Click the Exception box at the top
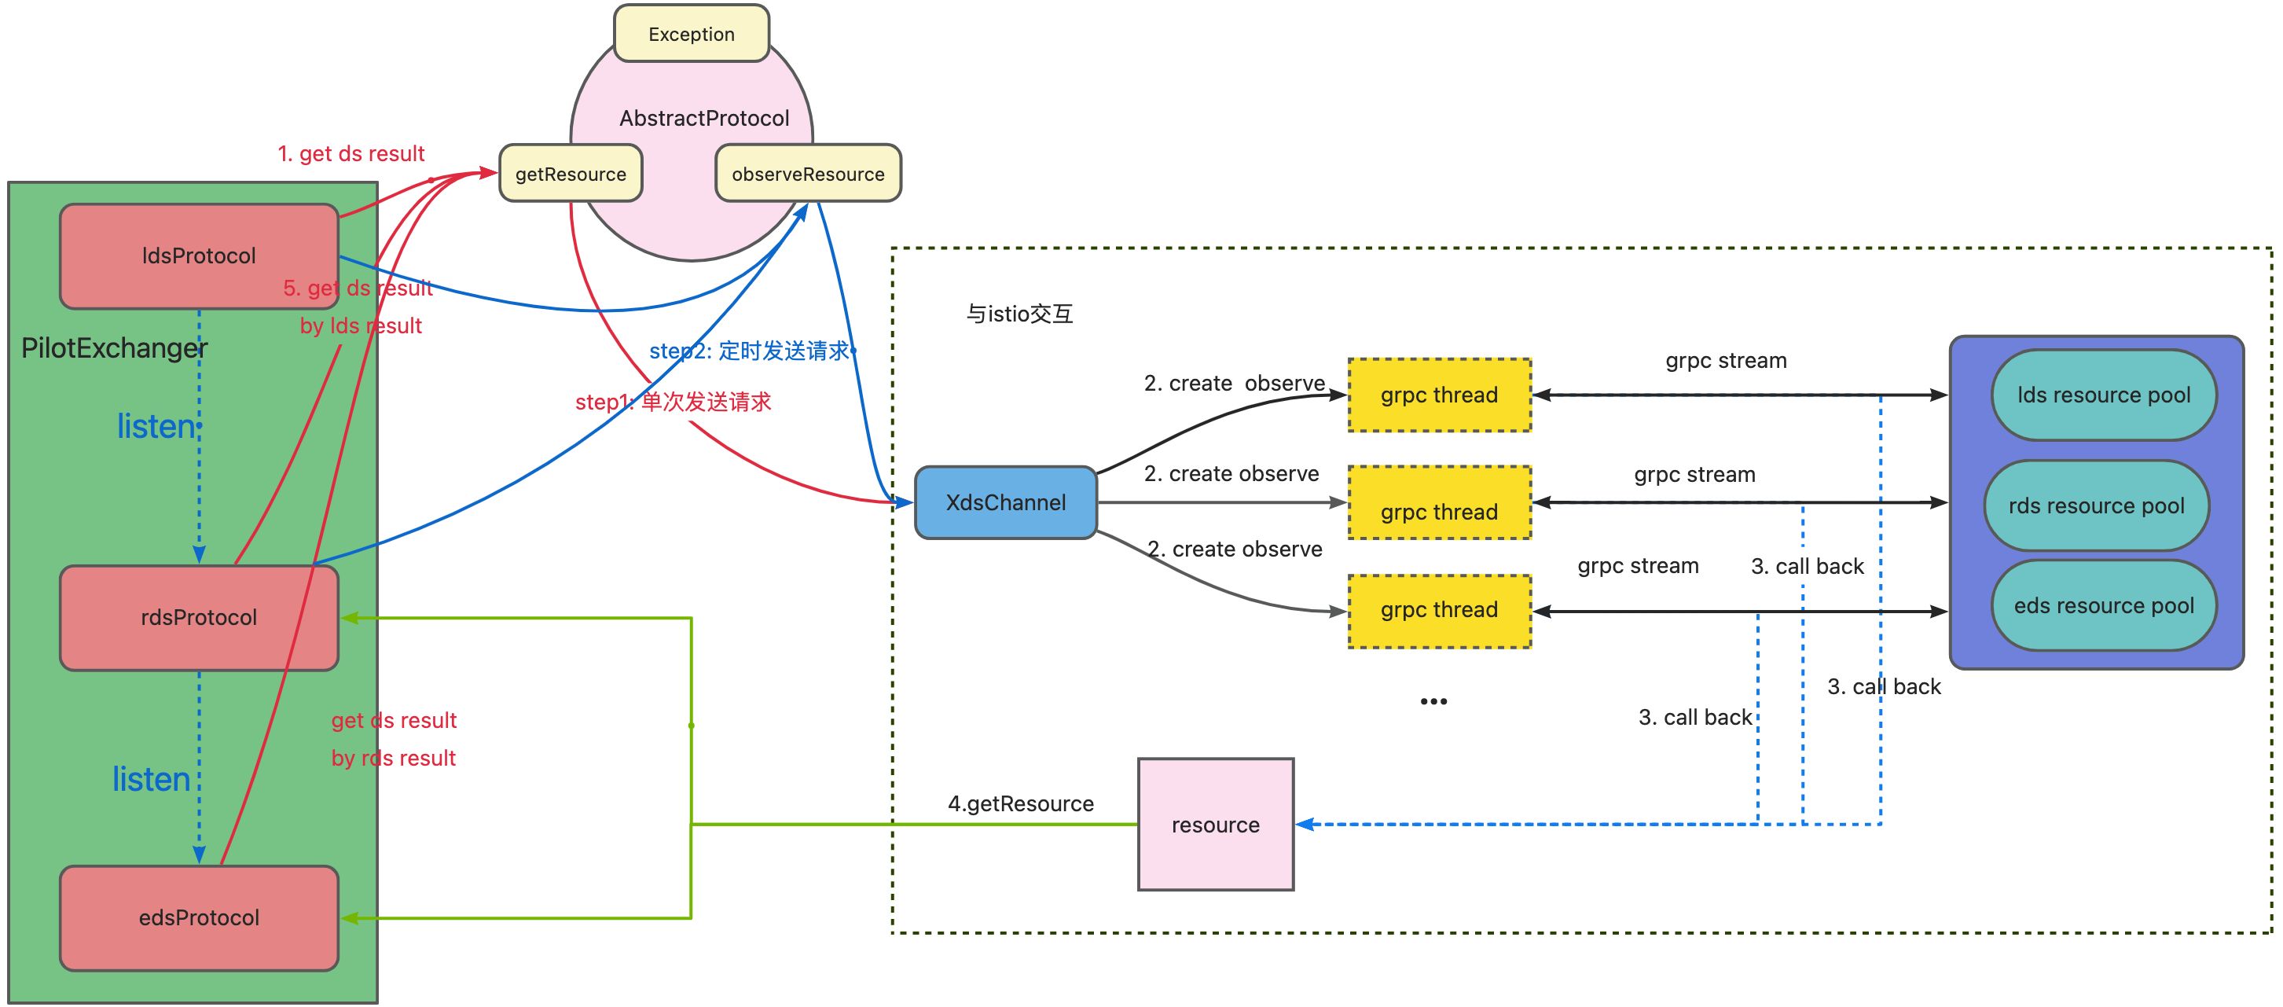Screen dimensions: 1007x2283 [692, 34]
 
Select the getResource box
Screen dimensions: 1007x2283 [571, 174]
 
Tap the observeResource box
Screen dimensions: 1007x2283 [807, 174]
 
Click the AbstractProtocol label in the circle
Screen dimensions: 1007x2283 [703, 118]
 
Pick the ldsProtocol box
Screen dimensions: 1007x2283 [199, 255]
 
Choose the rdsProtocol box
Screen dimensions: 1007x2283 [199, 617]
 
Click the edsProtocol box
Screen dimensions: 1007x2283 [199, 917]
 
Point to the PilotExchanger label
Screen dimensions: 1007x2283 [113, 347]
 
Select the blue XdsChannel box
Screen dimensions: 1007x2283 [1005, 502]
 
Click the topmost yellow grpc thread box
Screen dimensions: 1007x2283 [1439, 395]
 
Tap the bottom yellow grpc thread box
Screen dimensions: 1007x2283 [1439, 611]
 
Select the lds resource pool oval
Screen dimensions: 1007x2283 [2103, 395]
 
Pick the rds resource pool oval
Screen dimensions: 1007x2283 [2096, 505]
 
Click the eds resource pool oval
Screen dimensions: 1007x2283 [2103, 605]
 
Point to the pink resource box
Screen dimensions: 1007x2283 [1215, 825]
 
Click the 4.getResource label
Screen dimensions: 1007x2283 [1020, 803]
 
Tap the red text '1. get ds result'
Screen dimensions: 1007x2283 [351, 153]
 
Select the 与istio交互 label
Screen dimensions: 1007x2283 [1019, 314]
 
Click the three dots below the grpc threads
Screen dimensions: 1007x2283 [1433, 701]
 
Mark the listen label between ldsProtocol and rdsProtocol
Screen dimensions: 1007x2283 [156, 426]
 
